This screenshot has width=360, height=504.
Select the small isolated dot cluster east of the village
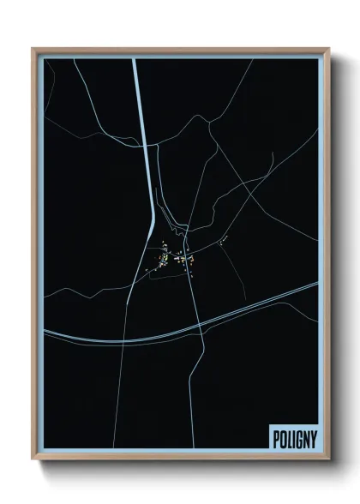pos(221,243)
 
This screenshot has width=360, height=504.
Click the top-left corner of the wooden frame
pos(33,49)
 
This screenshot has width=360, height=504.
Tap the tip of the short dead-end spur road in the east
pos(273,154)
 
